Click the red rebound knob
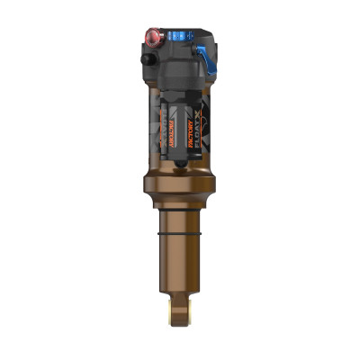151,38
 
